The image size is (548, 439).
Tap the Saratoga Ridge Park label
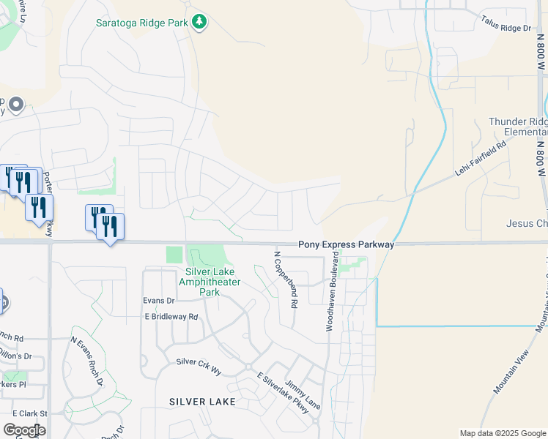point(142,23)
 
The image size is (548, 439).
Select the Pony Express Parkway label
point(346,245)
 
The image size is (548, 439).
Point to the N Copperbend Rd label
point(285,279)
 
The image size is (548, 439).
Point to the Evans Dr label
point(159,301)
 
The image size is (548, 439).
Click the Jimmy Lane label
point(303,394)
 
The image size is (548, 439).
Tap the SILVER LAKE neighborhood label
point(202,402)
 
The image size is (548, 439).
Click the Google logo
point(24,429)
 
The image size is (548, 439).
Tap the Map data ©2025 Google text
point(502,433)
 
